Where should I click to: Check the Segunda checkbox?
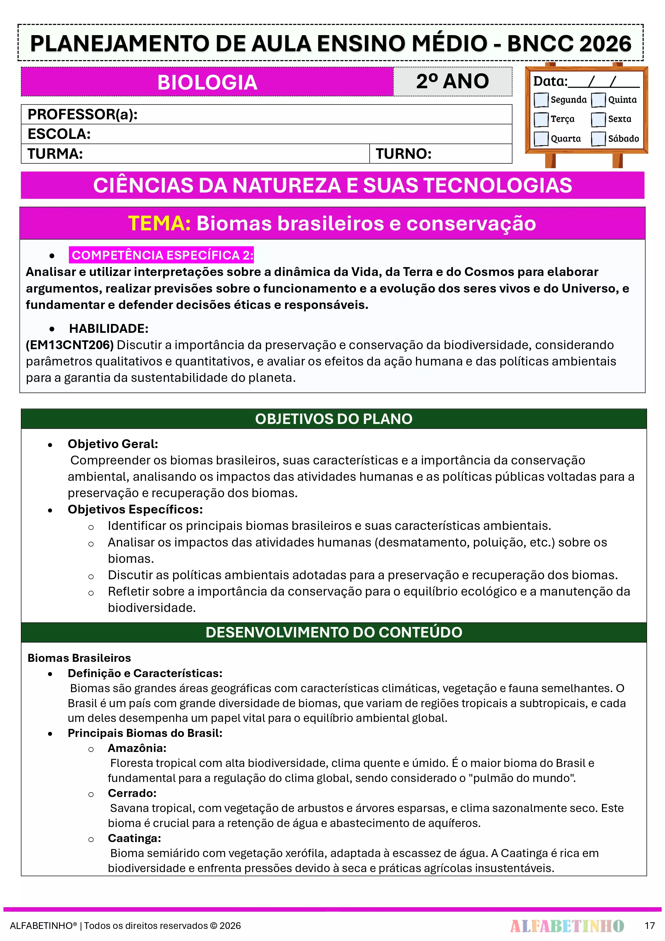pos(541,99)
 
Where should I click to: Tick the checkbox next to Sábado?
pos(598,139)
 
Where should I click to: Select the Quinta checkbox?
pos(598,99)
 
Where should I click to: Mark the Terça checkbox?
pos(541,119)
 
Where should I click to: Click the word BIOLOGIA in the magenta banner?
pos(207,82)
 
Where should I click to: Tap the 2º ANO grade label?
pos(452,81)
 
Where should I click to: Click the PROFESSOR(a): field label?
pos(82,114)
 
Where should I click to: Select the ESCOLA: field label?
pos(59,134)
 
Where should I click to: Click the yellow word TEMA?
pos(159,224)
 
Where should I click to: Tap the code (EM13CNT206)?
pos(70,345)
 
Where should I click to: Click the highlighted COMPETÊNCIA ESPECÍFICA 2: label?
pos(162,255)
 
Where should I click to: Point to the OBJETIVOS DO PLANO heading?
pos(333,419)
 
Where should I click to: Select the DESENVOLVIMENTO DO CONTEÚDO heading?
pos(333,632)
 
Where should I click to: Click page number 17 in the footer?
pos(649,925)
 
